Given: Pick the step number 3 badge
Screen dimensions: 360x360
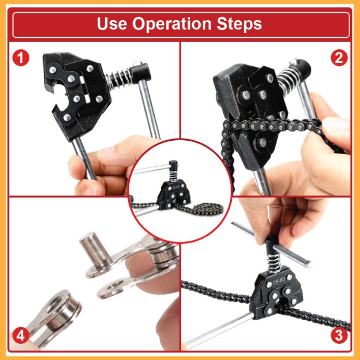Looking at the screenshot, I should [x=339, y=335].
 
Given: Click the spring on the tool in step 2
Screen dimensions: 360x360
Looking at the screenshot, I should [x=288, y=79].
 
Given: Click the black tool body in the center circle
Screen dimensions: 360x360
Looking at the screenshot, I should [x=173, y=193].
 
